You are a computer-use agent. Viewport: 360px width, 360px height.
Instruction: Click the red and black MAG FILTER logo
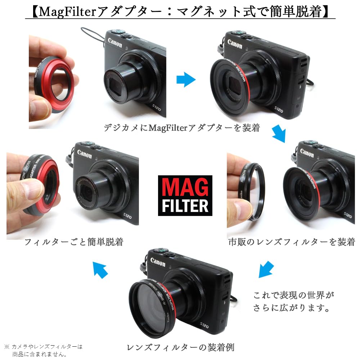[x=185, y=195]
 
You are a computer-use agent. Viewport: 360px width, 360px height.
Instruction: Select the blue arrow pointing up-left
[x=100, y=270]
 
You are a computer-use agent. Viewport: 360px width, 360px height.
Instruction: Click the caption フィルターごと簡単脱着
[x=74, y=242]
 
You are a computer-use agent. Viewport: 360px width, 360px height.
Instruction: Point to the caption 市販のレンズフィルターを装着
[x=292, y=242]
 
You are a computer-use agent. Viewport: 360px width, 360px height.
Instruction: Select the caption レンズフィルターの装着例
[x=181, y=347]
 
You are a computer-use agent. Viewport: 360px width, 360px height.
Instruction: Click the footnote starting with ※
[x=44, y=350]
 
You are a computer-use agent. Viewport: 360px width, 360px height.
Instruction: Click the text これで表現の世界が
[x=294, y=296]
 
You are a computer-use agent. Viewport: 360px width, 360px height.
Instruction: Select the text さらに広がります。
[x=292, y=309]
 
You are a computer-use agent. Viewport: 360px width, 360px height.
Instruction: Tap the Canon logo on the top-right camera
[x=235, y=44]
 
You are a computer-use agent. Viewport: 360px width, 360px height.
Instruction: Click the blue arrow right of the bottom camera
[x=266, y=270]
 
